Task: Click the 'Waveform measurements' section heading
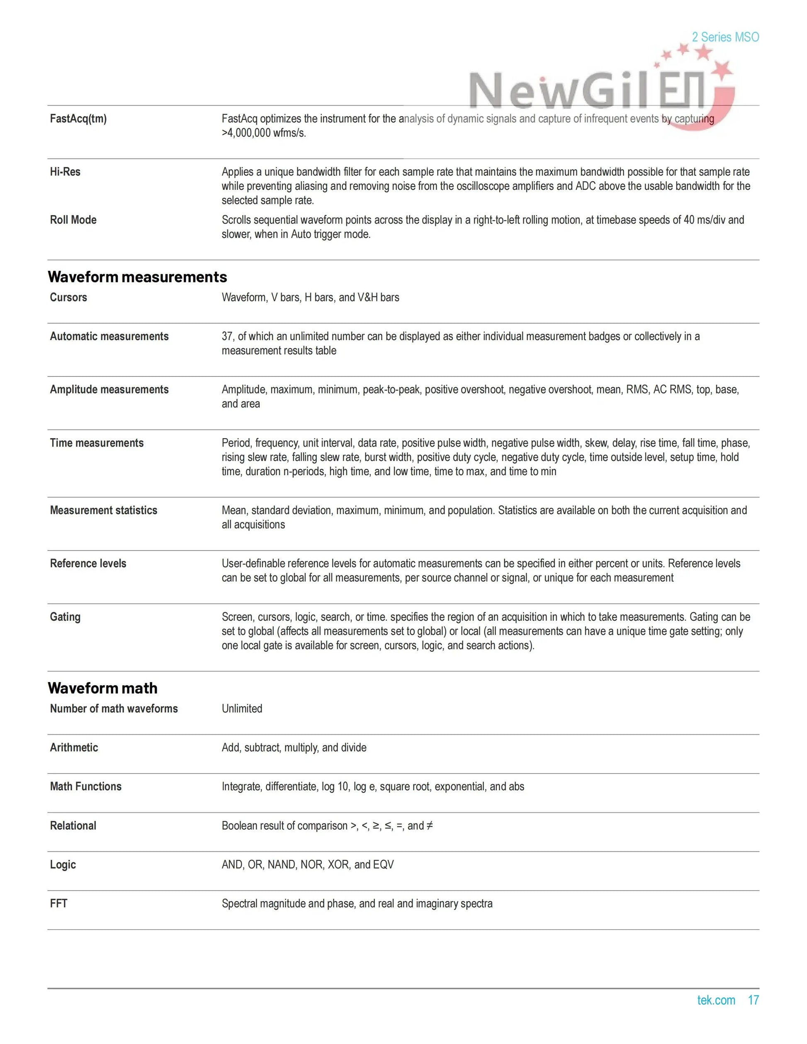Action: (137, 277)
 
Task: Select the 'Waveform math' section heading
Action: (102, 688)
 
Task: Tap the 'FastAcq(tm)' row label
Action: (78, 119)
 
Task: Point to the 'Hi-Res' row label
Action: (65, 172)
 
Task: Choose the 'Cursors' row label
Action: (68, 297)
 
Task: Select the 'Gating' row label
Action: (65, 617)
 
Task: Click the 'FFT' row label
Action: (58, 903)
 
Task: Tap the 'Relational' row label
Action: (73, 825)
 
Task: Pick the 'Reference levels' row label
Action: (88, 563)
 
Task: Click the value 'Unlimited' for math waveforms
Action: (242, 709)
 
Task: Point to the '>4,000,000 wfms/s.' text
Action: (263, 133)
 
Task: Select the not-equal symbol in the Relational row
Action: (429, 825)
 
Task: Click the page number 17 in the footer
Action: (754, 1000)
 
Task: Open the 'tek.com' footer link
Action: (716, 1000)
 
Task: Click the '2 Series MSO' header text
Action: (725, 37)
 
